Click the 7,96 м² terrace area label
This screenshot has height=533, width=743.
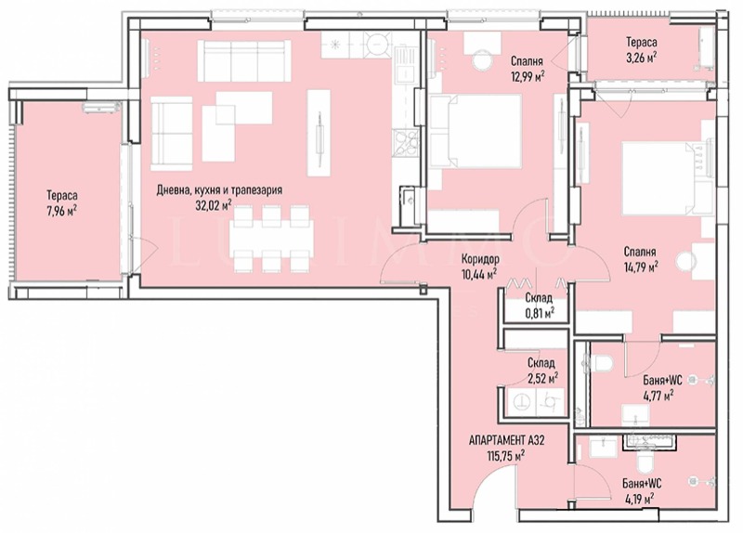61,211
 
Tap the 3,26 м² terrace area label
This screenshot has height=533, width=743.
641,58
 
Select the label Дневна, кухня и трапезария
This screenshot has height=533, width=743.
219,190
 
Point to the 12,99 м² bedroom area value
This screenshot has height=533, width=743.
527,76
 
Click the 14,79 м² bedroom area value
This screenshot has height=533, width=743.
640,267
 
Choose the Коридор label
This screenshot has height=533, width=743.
479,259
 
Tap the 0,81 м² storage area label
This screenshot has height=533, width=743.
539,313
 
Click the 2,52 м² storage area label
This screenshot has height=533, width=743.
542,378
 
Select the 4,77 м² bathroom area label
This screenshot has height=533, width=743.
658,395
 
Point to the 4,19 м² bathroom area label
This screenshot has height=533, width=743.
639,498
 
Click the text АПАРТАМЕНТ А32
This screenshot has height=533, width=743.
506,441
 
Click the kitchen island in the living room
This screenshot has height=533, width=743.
319,133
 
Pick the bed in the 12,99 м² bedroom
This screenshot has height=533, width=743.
476,131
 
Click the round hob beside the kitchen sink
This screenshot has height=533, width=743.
378,45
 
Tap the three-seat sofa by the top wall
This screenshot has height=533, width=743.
244,60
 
